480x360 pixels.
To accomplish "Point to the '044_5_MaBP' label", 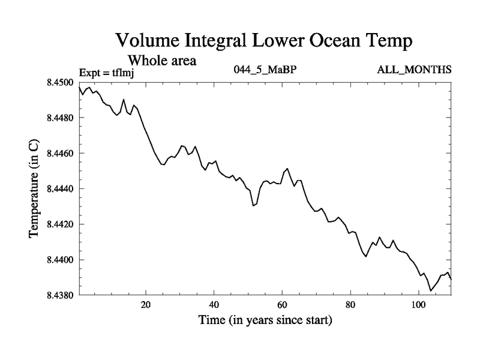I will (x=265, y=70).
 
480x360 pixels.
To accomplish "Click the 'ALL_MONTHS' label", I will (x=414, y=70).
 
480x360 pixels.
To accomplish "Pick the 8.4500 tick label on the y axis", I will (x=60, y=83).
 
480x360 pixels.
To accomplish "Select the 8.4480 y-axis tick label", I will (x=60, y=118).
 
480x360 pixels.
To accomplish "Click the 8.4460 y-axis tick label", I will (x=60, y=154).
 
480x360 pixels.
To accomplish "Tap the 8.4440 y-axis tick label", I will (x=60, y=189).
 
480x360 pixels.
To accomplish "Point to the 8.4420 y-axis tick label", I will (x=60, y=224).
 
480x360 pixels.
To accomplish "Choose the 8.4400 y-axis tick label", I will (x=60, y=260).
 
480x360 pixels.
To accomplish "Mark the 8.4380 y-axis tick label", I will (x=60, y=295).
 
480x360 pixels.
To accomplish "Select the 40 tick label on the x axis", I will (x=214, y=305).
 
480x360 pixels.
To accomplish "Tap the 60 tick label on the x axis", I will (x=282, y=305).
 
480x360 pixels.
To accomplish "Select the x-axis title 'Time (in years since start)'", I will (x=265, y=321).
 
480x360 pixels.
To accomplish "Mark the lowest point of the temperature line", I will (x=430, y=291).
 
